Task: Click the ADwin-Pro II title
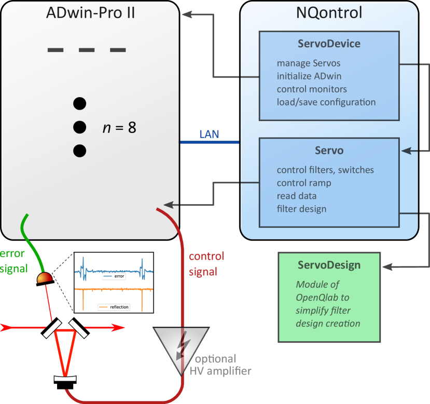point(90,12)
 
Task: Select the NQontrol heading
point(329,12)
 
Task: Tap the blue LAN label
point(209,134)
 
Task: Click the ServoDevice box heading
point(329,44)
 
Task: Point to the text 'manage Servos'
point(309,63)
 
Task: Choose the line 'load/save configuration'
point(326,102)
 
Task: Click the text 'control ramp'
point(303,183)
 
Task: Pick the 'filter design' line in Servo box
point(301,209)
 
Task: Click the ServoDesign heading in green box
point(329,265)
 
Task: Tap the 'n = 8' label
point(119,127)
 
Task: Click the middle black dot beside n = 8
point(79,127)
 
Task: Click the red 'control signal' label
point(206,263)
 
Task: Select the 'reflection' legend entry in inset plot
point(115,307)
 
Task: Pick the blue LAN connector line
point(210,142)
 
